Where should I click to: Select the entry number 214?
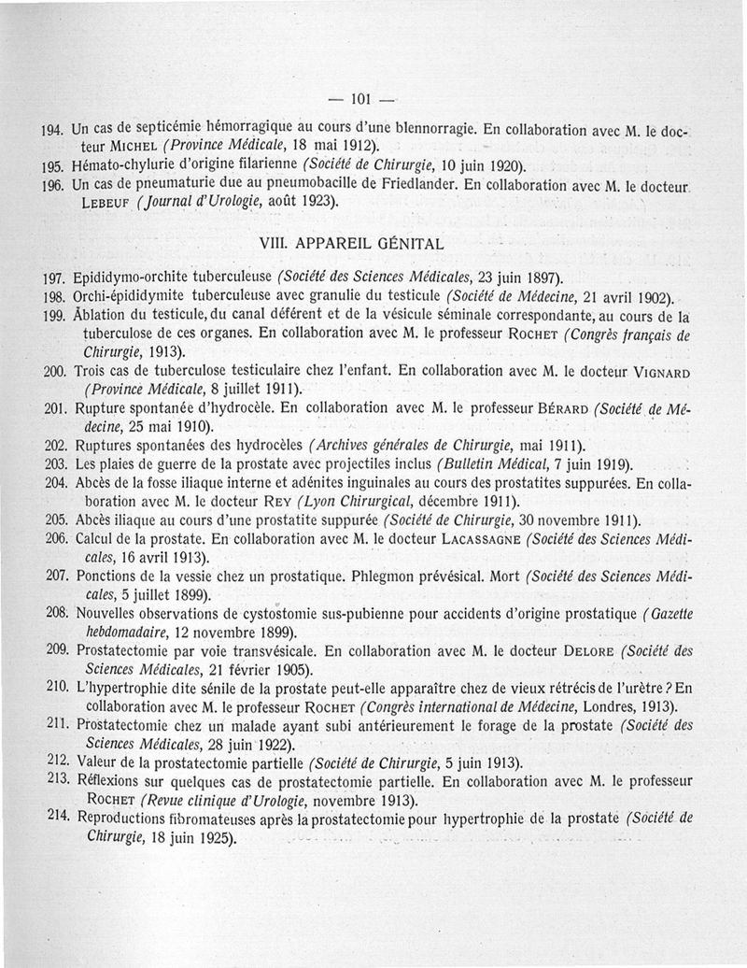[x=55, y=816]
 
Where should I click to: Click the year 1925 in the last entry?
[x=218, y=836]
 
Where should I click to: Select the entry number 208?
[x=55, y=613]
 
